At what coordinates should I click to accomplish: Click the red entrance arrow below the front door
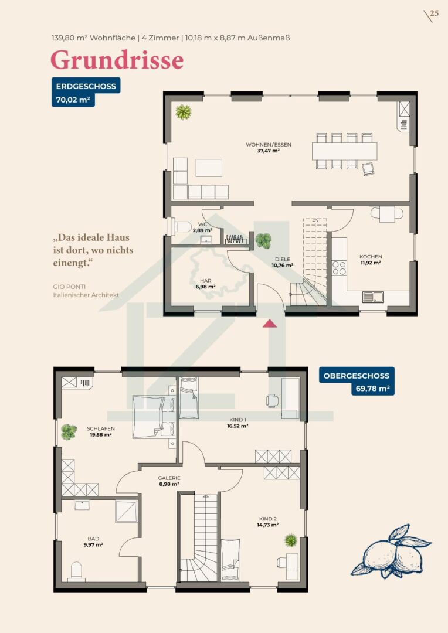270,323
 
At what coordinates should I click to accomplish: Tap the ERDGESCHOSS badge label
86,86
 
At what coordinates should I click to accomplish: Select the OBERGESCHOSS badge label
357,376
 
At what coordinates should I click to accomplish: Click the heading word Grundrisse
117,60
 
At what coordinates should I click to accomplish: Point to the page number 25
435,13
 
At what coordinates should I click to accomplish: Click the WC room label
202,224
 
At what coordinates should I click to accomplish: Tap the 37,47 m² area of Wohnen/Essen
269,151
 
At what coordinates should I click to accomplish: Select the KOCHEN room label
371,257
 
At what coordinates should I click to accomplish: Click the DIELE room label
283,260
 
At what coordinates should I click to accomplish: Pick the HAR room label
205,281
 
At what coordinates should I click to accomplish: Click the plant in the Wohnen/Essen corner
184,112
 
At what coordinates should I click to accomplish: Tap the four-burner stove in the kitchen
340,268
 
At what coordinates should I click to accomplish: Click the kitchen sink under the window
374,297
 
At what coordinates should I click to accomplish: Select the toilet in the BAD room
76,571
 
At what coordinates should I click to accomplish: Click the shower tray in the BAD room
127,512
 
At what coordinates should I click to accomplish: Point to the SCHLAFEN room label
101,428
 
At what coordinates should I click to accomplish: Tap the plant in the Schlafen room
69,432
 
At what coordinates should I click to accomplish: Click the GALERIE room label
169,478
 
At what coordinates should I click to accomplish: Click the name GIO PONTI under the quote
69,287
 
